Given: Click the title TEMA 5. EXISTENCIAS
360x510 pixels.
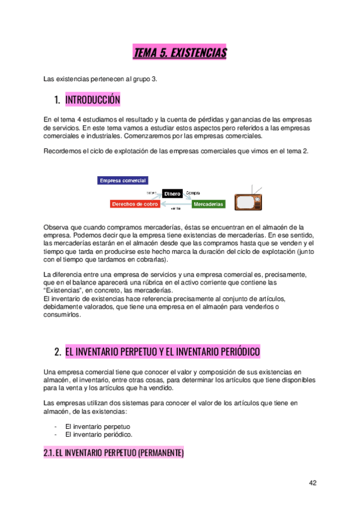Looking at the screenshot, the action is pyautogui.click(x=180, y=54).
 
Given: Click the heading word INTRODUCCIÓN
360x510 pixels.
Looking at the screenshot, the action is pyautogui.click(x=93, y=99).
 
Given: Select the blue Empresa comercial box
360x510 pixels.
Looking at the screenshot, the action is pyautogui.click(x=123, y=180).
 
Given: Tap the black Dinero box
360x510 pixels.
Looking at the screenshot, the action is pyautogui.click(x=172, y=194).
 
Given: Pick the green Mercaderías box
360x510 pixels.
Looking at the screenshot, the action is pyautogui.click(x=209, y=204).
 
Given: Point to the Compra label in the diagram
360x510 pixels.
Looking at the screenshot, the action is pyautogui.click(x=193, y=193).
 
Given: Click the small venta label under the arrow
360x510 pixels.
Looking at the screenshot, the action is pyautogui.click(x=175, y=209).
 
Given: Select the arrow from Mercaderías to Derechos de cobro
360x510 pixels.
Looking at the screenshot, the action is pyautogui.click(x=175, y=204).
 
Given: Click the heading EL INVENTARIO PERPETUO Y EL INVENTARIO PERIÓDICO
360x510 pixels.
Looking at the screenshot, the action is pyautogui.click(x=162, y=352).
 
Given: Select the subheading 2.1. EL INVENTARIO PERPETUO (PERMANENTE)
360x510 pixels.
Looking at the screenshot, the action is pyautogui.click(x=114, y=452).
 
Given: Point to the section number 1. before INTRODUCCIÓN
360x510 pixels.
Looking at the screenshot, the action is pyautogui.click(x=58, y=99).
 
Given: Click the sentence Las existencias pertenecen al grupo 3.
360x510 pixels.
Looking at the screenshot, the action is pyautogui.click(x=100, y=79).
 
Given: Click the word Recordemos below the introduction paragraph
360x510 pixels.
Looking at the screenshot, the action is pyautogui.click(x=64, y=150).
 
